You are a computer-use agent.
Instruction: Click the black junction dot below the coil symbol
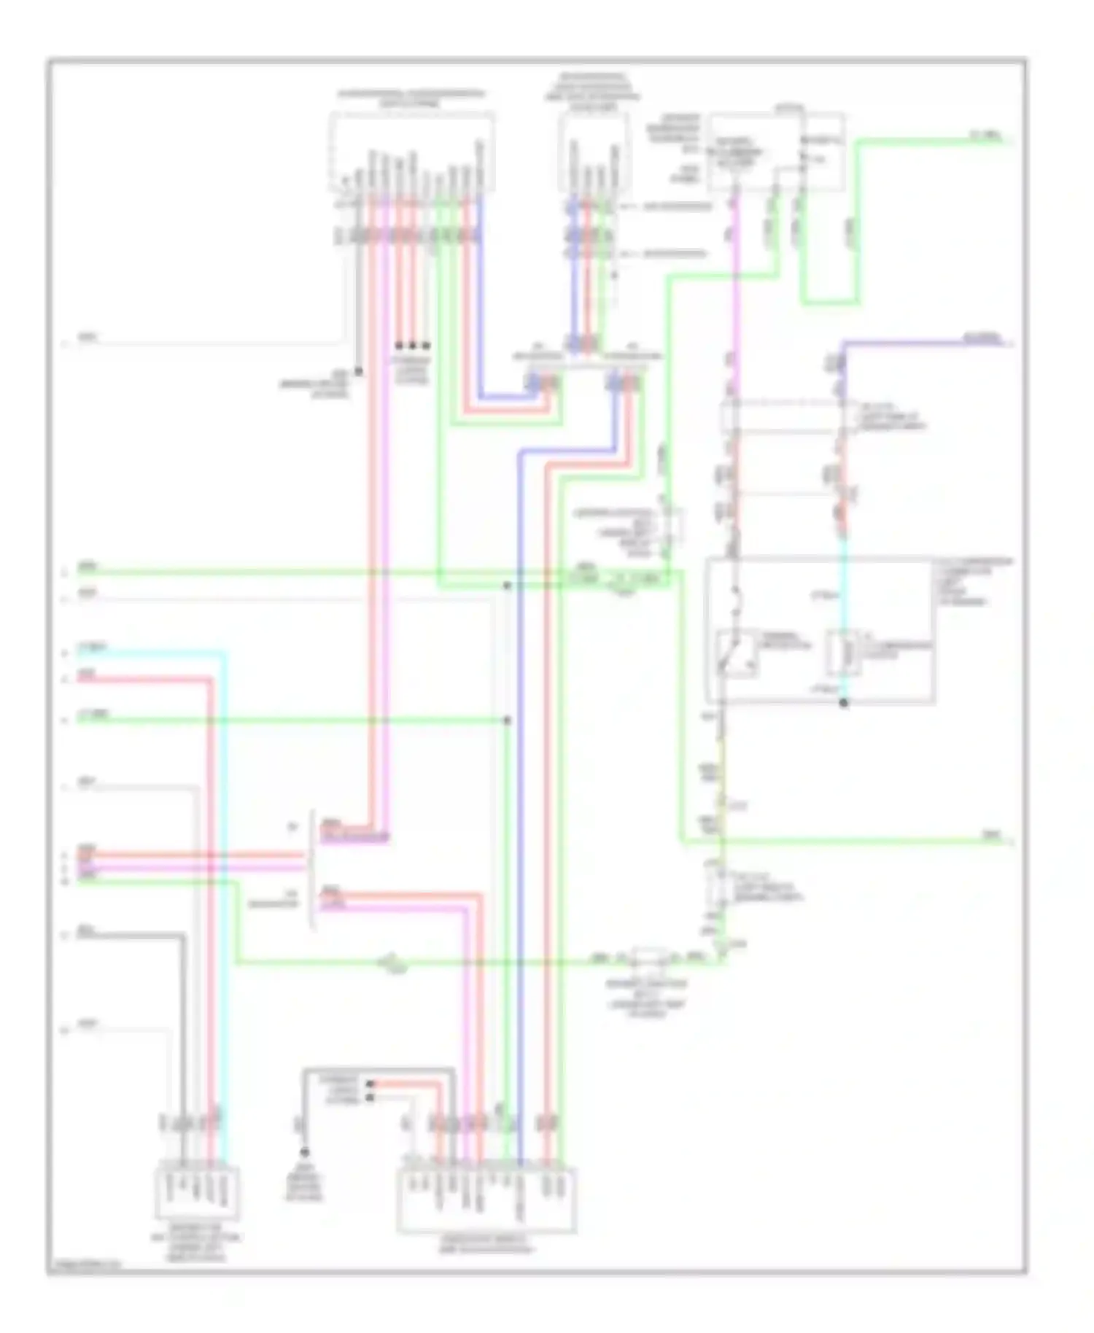tap(844, 704)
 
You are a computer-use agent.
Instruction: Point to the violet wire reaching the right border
tap(926, 341)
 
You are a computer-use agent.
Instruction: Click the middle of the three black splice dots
tap(412, 345)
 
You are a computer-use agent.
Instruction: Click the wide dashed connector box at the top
tap(412, 149)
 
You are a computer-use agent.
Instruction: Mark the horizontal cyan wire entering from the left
tap(146, 654)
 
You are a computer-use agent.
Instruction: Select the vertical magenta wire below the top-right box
tap(736, 292)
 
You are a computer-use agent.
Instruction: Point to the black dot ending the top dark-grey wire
tap(359, 372)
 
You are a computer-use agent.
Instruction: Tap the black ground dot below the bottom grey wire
tap(304, 1152)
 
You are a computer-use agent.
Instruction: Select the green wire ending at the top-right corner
tap(934, 141)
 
